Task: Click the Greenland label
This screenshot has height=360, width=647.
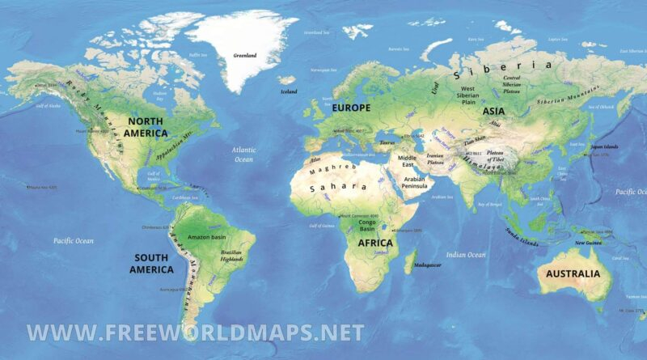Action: point(244,56)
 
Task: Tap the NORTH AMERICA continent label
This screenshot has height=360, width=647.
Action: point(146,127)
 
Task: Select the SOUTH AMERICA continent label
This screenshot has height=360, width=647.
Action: point(139,263)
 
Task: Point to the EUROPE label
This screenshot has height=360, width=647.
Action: point(350,108)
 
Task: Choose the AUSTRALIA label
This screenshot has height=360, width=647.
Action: point(573,273)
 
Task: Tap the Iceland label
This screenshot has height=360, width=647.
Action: point(288,91)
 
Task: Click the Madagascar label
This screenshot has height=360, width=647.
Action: point(428,265)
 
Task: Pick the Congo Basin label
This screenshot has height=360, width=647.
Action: point(374,225)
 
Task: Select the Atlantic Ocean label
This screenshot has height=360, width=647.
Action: point(243,155)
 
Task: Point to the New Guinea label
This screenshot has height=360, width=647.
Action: point(587,242)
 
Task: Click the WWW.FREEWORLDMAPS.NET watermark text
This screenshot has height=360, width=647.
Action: point(195,332)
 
